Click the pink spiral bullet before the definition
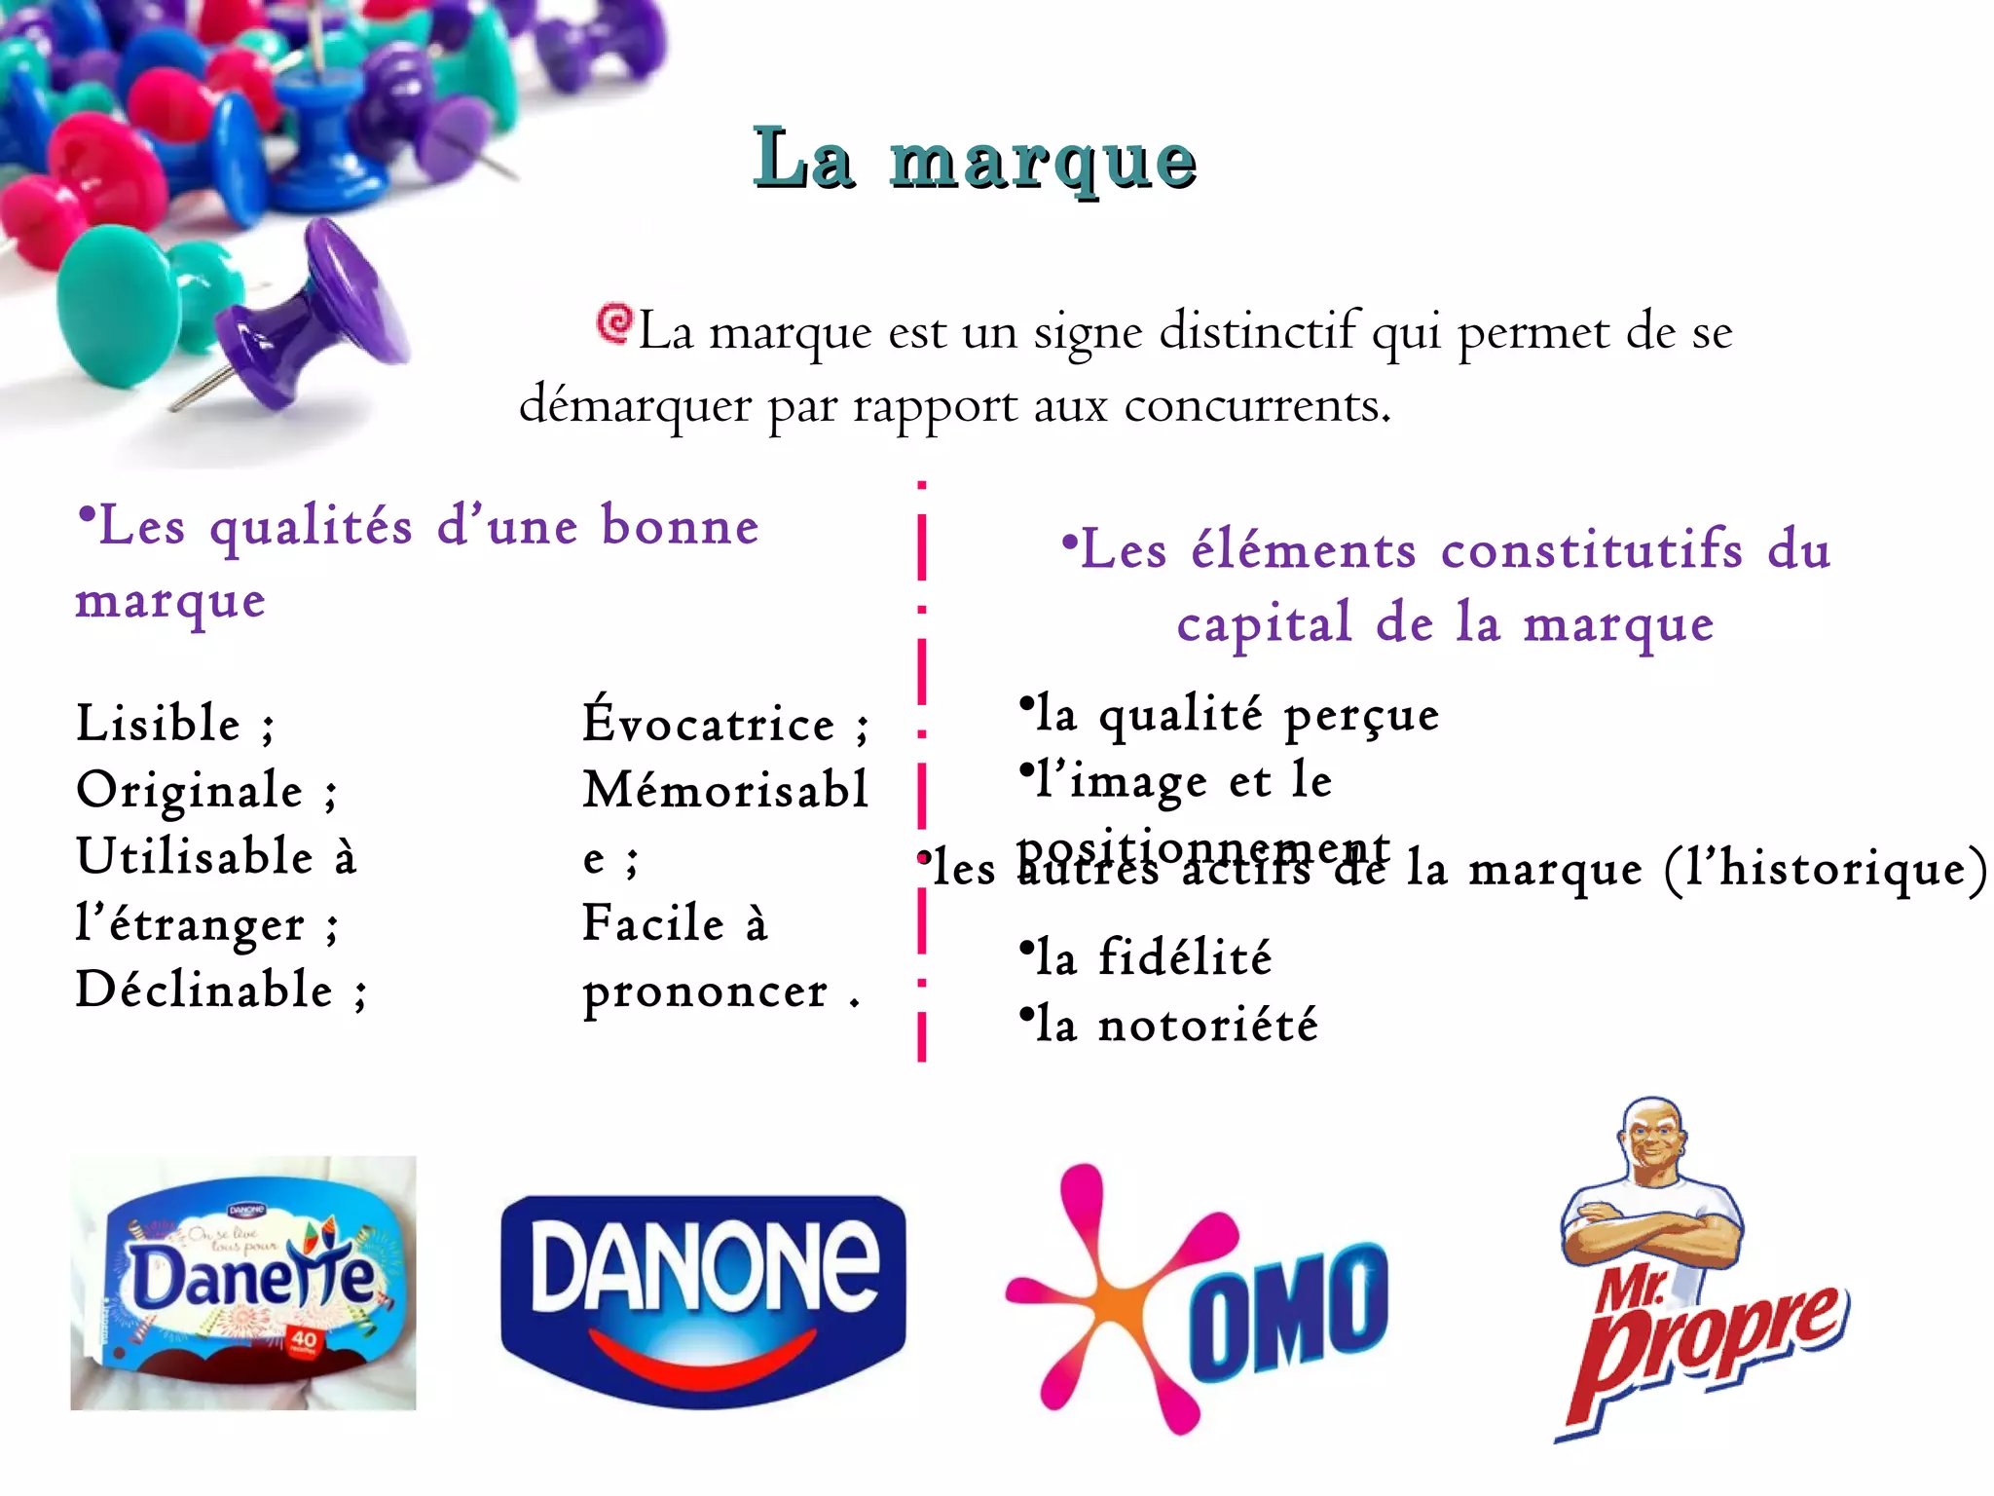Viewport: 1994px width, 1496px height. click(x=614, y=322)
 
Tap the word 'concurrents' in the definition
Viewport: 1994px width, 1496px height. click(x=1256, y=405)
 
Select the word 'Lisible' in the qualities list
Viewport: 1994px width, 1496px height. click(x=159, y=724)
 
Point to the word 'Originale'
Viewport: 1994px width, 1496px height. click(x=190, y=790)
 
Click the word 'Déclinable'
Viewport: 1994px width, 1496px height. click(x=204, y=991)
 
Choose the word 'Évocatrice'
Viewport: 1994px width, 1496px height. click(x=709, y=724)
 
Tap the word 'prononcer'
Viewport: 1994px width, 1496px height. click(x=705, y=992)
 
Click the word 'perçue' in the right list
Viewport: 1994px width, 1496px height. click(x=1360, y=717)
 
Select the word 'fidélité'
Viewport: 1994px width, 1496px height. click(x=1185, y=957)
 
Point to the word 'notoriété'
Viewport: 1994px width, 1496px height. click(x=1207, y=1026)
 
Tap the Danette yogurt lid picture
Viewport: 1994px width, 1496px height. click(x=243, y=1283)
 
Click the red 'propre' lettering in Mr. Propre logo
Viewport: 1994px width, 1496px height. click(x=1714, y=1344)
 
